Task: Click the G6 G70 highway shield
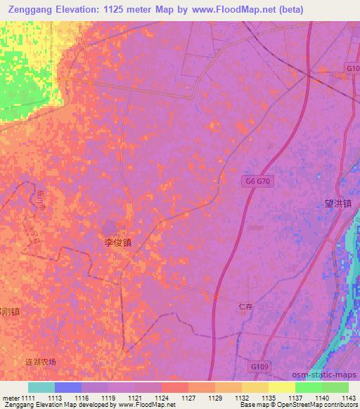[x=258, y=181]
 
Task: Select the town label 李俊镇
[x=118, y=242]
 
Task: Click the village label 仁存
[x=245, y=306]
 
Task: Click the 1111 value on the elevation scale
[x=27, y=398]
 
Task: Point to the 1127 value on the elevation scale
[x=188, y=398]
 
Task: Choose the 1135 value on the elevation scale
[x=269, y=398]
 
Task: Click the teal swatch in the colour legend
[x=41, y=387]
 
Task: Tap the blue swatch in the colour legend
[x=68, y=387]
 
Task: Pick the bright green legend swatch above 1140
[x=309, y=387]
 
